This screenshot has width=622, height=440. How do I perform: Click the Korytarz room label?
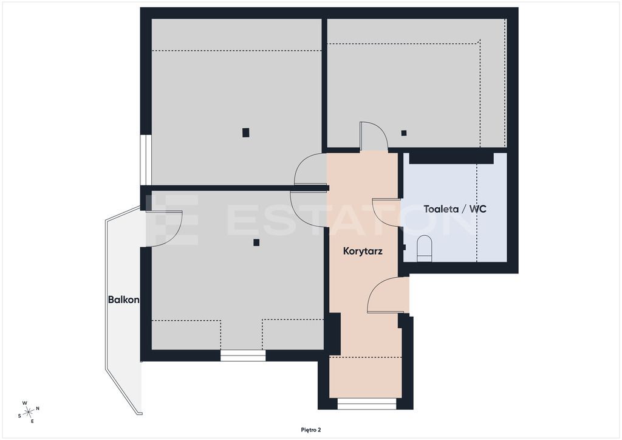click(x=363, y=251)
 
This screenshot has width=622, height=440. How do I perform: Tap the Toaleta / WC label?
click(x=454, y=209)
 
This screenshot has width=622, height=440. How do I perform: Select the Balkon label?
click(x=123, y=300)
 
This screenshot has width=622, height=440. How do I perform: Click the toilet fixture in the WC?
click(x=425, y=249)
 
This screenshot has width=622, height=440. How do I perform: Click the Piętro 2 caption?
click(x=310, y=430)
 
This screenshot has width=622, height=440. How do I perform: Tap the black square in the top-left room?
click(x=246, y=132)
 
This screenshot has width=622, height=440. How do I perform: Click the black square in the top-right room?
click(x=404, y=133)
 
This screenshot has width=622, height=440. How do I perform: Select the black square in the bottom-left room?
click(x=257, y=242)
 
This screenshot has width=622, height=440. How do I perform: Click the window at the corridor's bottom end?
click(x=367, y=404)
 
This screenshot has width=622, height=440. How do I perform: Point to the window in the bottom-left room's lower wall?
click(x=243, y=356)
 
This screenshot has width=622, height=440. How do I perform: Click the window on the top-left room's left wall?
click(x=146, y=160)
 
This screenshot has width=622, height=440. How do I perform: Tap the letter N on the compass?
click(x=38, y=408)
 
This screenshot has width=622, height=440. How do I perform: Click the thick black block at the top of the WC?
click(x=451, y=158)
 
